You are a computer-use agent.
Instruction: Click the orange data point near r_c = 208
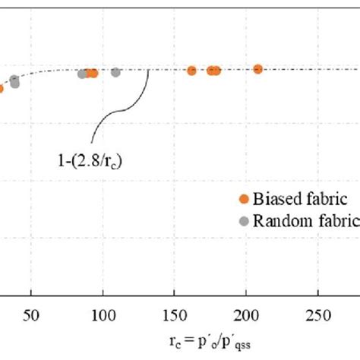tap(257, 69)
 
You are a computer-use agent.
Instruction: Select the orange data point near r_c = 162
tap(191, 70)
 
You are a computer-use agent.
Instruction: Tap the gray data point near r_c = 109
tap(115, 72)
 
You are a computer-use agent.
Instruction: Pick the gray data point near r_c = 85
tap(81, 74)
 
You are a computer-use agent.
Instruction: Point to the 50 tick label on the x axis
tap(31, 315)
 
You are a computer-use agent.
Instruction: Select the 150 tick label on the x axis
tap(175, 315)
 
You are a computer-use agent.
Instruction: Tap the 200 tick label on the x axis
tap(246, 315)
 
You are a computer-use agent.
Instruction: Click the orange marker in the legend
tap(244, 199)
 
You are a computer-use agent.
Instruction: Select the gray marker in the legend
tap(244, 221)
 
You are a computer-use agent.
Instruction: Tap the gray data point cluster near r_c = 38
tap(14, 82)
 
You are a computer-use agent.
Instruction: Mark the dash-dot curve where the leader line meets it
tap(147, 71)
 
